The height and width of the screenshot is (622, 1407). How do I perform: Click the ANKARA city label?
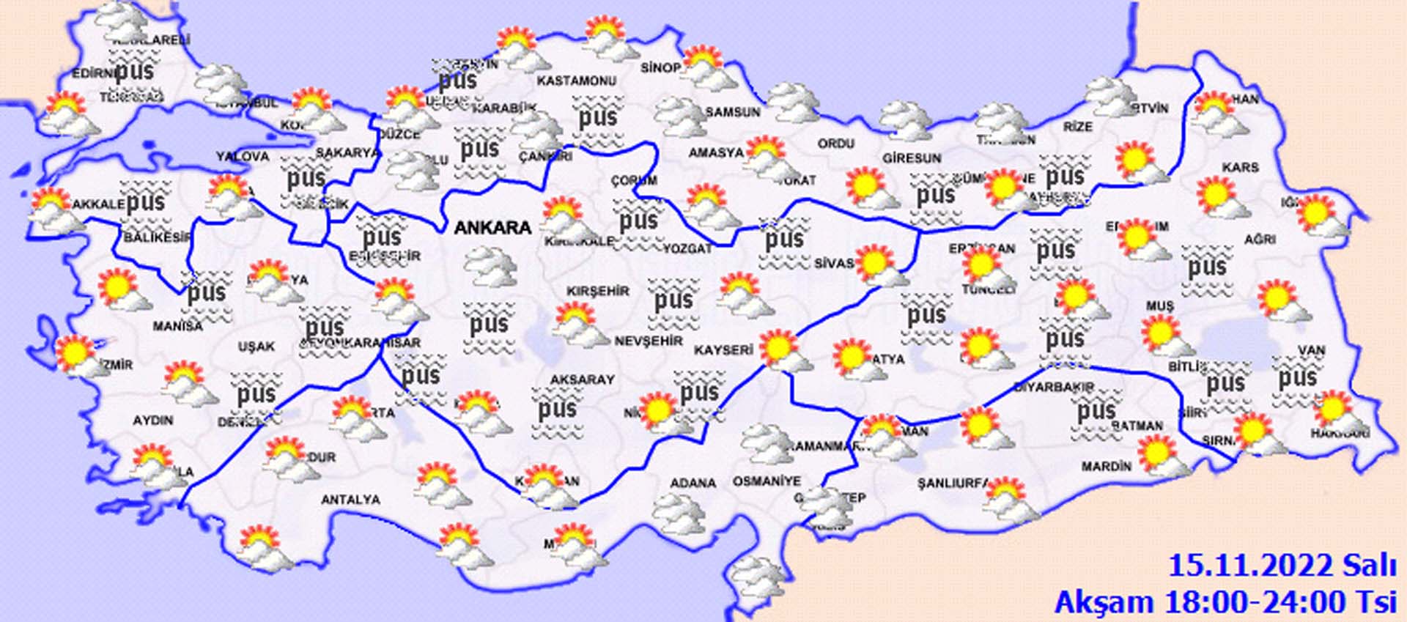pyautogui.click(x=492, y=227)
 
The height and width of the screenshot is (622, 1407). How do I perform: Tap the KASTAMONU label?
pyautogui.click(x=576, y=81)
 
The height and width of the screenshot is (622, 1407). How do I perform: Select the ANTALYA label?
pyautogui.click(x=350, y=500)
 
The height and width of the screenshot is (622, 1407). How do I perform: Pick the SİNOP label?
pyautogui.click(x=660, y=67)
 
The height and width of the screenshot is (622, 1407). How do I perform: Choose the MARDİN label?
pyautogui.click(x=1106, y=466)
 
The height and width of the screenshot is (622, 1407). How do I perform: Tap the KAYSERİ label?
pyautogui.click(x=724, y=350)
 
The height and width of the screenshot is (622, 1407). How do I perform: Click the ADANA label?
pyautogui.click(x=693, y=483)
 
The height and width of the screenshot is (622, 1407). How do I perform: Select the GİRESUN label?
pyautogui.click(x=911, y=158)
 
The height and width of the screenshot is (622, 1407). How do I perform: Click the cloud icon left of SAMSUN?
pyautogui.click(x=679, y=116)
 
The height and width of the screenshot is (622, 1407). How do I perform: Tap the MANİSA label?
pyautogui.click(x=178, y=326)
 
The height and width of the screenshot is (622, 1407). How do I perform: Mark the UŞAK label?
pyautogui.click(x=256, y=346)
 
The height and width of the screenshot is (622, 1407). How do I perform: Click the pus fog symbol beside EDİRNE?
pyautogui.click(x=134, y=71)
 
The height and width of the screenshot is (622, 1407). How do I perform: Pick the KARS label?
pyautogui.click(x=1240, y=167)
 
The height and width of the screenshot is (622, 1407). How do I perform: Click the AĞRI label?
pyautogui.click(x=1260, y=239)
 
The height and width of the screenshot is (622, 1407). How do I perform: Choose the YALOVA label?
pyautogui.click(x=243, y=156)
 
